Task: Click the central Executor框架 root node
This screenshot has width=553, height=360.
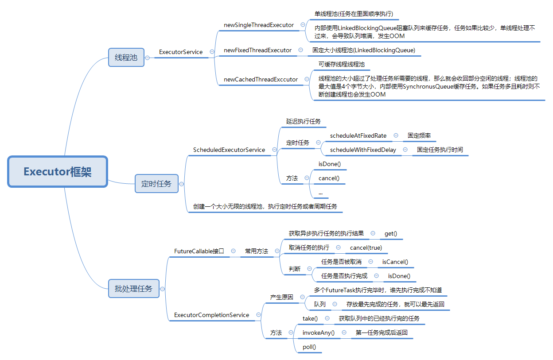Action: tap(58, 171)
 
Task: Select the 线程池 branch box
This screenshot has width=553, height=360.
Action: tap(126, 57)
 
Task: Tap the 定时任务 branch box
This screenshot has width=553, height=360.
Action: tap(156, 183)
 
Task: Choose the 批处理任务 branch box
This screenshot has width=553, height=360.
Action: tap(133, 289)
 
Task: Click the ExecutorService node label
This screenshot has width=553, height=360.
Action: tap(181, 52)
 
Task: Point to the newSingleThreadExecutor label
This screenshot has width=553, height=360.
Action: tap(259, 25)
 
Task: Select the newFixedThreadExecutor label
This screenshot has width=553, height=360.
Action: tap(258, 50)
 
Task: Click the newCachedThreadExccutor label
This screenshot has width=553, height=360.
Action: tap(261, 79)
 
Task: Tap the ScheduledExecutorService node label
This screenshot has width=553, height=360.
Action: tap(229, 150)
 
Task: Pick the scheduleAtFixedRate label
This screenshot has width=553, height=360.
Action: tap(358, 135)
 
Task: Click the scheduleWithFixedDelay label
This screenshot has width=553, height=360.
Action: tap(363, 150)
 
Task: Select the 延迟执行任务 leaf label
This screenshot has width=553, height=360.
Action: tap(304, 121)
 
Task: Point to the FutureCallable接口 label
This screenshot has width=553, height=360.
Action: tap(199, 251)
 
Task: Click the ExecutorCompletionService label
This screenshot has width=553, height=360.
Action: tap(211, 315)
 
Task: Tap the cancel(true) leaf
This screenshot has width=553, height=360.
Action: tap(366, 248)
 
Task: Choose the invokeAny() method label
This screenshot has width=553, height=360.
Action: tap(319, 333)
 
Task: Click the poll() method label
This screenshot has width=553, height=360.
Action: tap(309, 347)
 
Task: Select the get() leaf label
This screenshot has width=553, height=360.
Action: tap(391, 233)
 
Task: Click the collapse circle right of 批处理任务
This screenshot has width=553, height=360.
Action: tap(163, 289)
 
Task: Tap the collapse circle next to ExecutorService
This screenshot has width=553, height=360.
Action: tap(212, 52)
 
